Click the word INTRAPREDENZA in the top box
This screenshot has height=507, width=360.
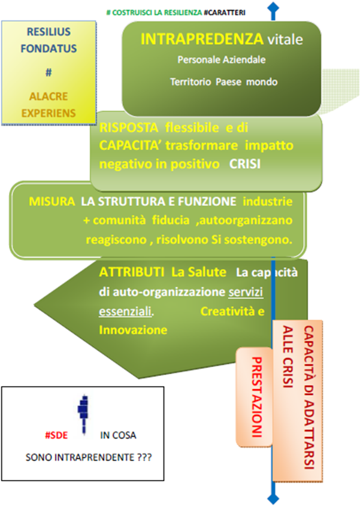(202, 39)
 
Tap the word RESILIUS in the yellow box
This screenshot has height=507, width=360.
(49, 32)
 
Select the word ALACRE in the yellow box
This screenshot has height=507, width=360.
(49, 96)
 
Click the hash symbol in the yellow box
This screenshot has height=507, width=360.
(49, 72)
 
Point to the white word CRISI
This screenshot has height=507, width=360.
(245, 164)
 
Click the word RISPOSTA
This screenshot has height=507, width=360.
(129, 127)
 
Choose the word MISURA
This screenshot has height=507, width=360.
(52, 202)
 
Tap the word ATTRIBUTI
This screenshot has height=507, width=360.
(131, 272)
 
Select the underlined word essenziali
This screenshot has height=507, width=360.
(125, 311)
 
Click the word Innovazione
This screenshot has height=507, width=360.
(133, 330)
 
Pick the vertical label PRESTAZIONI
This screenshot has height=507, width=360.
(256, 397)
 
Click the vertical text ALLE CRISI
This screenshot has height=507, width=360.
(288, 356)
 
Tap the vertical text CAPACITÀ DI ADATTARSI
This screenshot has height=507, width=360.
(309, 397)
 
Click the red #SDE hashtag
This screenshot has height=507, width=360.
(56, 435)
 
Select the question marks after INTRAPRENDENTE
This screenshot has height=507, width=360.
(144, 457)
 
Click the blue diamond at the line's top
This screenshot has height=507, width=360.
(274, 8)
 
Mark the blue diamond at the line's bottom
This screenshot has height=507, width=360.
(274, 499)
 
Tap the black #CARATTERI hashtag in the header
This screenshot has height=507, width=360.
(225, 13)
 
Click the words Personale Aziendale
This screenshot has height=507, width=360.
(222, 60)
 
